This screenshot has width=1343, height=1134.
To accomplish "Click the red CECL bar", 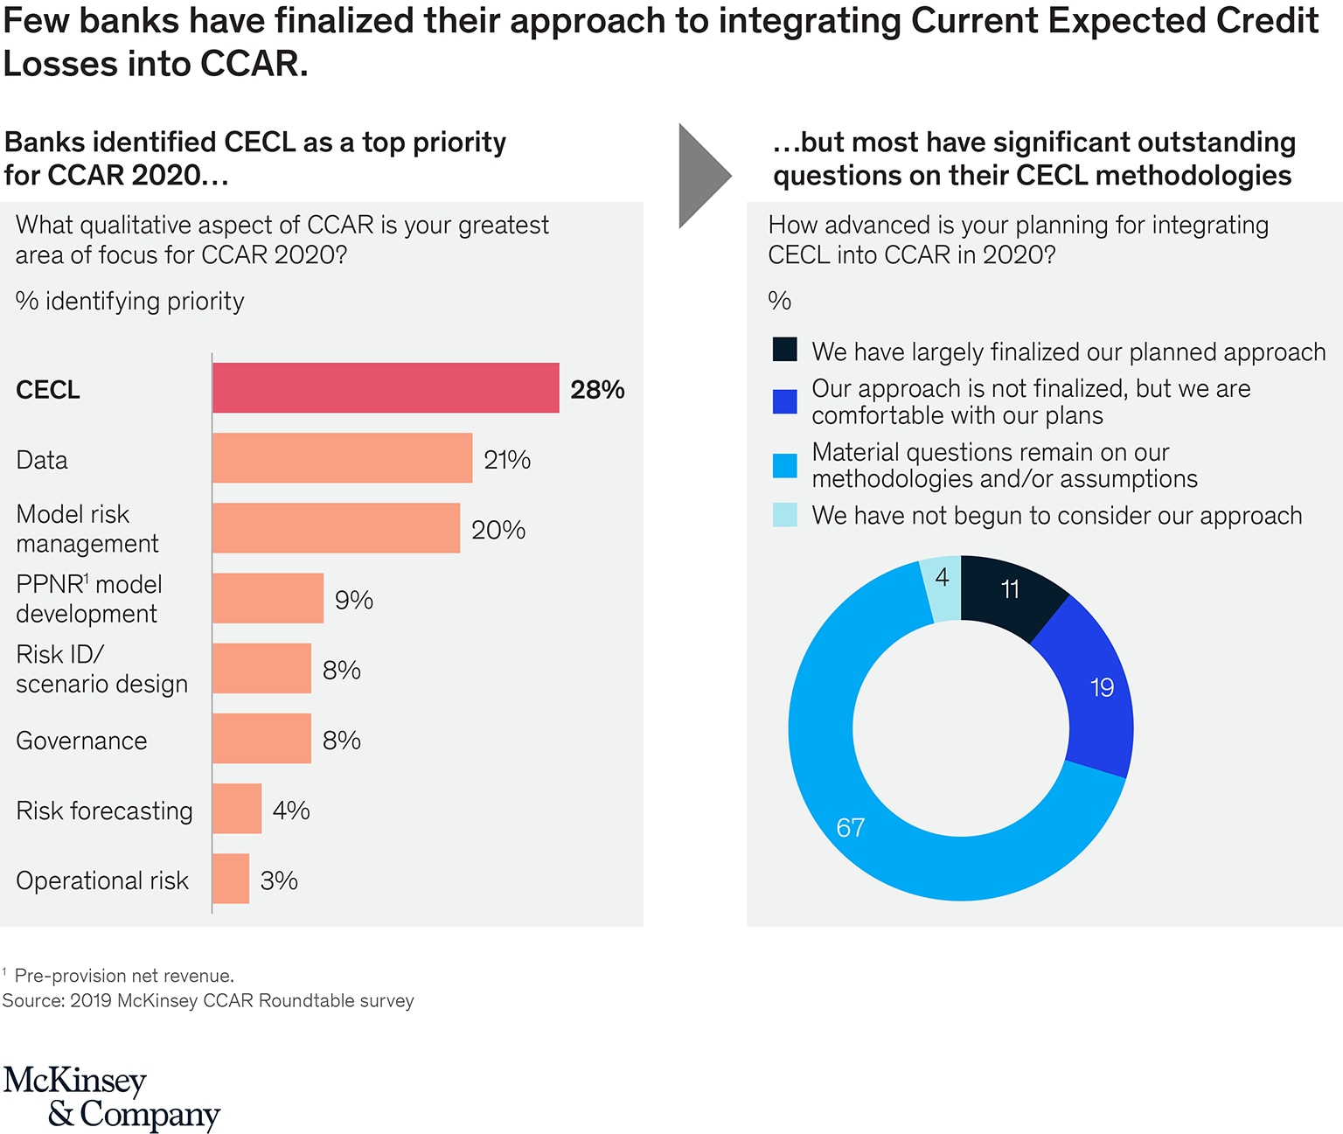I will click(386, 388).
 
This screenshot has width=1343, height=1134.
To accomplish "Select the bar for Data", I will click(342, 458).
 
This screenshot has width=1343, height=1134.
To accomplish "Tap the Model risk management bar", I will click(336, 528).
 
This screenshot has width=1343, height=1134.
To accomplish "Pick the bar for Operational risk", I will click(231, 879).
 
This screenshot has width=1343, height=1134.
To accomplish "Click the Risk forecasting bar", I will click(237, 809).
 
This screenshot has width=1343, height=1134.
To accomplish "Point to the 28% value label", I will click(597, 390).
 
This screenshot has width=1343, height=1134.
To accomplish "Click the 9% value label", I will click(354, 600).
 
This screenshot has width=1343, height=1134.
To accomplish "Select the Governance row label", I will click(81, 741).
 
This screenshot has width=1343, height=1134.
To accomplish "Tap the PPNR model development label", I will click(88, 599).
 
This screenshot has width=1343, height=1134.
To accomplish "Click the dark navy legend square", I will click(785, 350).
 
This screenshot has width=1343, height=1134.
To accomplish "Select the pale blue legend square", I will click(785, 515).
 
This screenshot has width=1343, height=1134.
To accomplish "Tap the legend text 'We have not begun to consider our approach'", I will click(1056, 516).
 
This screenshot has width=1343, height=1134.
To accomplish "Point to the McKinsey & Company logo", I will click(111, 1097).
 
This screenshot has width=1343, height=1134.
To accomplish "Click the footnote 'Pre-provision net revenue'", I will click(123, 976).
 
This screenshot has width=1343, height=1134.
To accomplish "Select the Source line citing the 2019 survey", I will click(208, 1001).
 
